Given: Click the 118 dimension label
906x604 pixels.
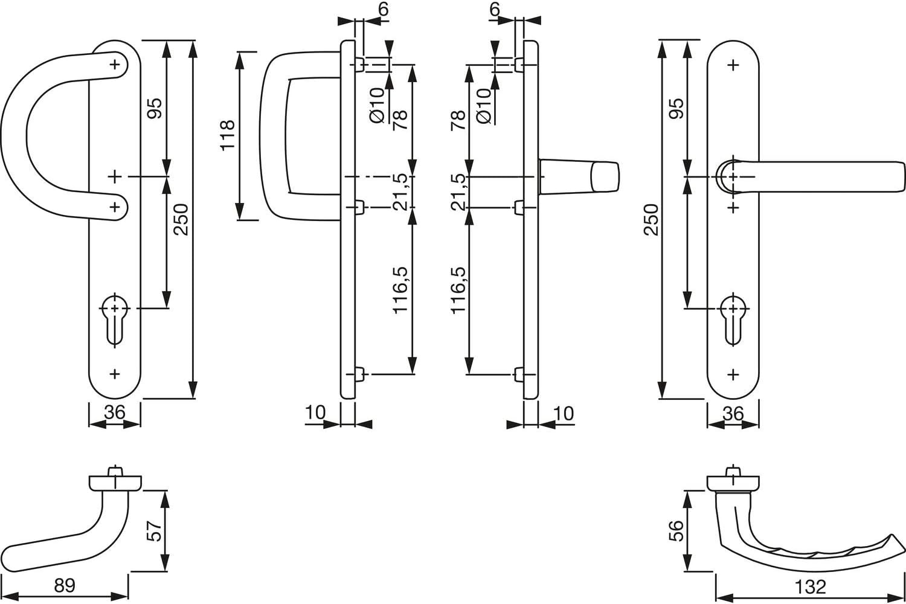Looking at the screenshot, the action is click(x=228, y=135).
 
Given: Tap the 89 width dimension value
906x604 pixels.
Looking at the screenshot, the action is click(x=65, y=585).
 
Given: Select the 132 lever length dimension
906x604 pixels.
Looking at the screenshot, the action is click(x=810, y=586).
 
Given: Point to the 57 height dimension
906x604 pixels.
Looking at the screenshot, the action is click(x=155, y=531).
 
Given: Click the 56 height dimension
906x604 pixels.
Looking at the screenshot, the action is click(x=676, y=531).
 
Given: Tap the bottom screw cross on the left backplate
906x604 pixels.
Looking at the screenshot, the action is click(x=115, y=374).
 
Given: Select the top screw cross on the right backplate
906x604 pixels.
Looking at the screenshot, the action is click(x=733, y=65).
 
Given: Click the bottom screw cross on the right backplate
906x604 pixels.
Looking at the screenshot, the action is click(x=733, y=375).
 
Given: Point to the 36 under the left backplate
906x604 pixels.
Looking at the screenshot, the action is click(x=115, y=413).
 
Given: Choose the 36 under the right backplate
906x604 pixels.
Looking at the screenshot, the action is click(x=733, y=414).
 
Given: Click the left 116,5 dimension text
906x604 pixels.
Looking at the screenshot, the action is click(x=400, y=290).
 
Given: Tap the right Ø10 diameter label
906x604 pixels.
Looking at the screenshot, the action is click(x=484, y=106).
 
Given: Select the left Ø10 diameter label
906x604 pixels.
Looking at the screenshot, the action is click(x=376, y=106).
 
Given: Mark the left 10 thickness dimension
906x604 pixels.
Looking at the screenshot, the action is click(x=315, y=413).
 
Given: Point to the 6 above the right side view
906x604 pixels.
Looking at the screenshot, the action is click(x=495, y=8).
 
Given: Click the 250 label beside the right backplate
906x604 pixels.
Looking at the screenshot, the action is click(x=651, y=220).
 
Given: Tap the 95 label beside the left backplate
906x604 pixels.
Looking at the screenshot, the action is click(x=155, y=108).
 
